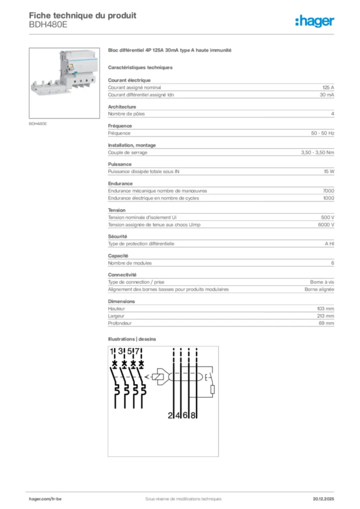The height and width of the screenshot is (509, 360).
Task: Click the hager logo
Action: tap(314, 21)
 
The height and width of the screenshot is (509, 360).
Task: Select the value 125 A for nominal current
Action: tap(328, 87)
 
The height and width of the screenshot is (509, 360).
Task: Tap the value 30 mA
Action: tap(327, 94)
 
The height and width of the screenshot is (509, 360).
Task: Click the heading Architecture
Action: tap(122, 106)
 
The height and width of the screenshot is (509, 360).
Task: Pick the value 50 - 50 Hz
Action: tap(323, 133)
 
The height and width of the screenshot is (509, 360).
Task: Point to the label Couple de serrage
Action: tap(128, 152)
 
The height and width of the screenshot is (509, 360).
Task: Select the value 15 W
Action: tap(329, 171)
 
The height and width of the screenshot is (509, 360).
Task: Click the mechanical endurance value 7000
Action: tap(328, 190)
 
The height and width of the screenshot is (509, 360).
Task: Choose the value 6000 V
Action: tap(326, 225)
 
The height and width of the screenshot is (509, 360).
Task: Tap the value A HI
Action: tap(329, 244)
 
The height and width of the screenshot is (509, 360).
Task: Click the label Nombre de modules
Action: tap(130, 263)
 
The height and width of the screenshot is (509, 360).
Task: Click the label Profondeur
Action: tap(119, 323)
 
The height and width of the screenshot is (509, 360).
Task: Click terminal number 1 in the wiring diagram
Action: tap(113, 352)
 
